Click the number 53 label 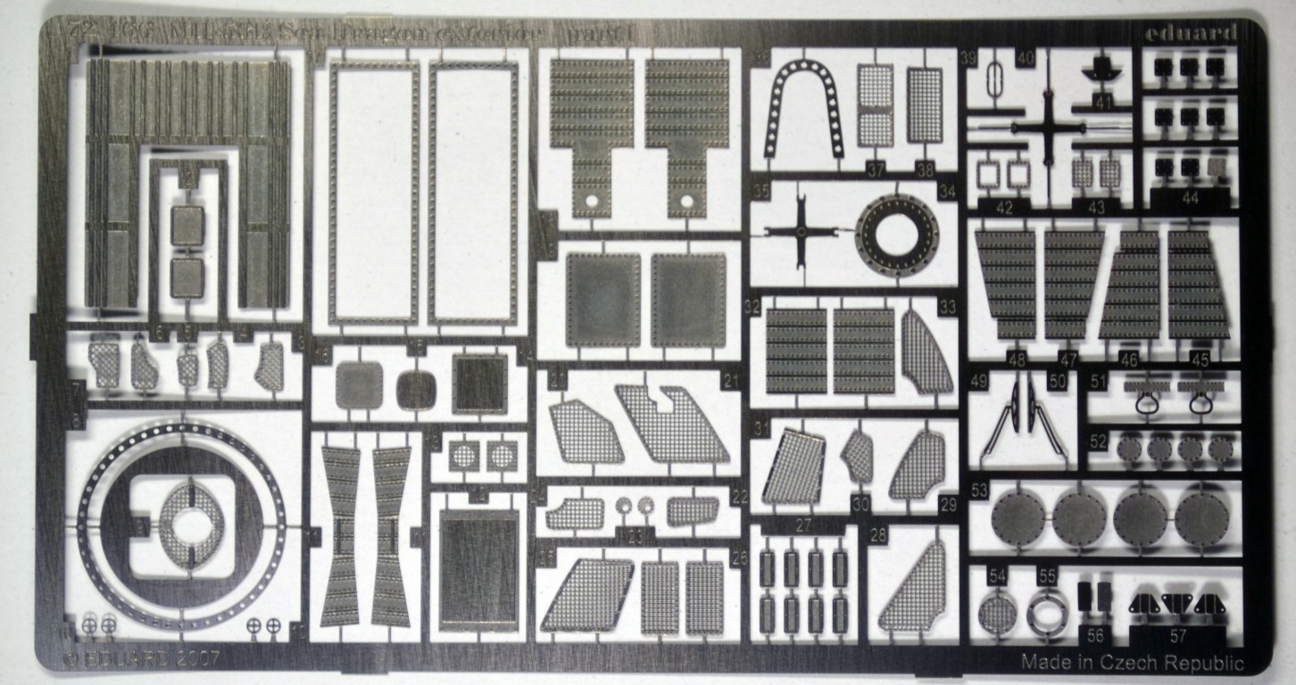tap(979, 490)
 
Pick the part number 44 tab tap(1190, 198)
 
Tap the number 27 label tap(803, 526)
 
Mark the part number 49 tap(978, 381)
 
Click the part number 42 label tap(1006, 207)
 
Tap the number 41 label tap(1104, 103)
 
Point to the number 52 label tap(1098, 442)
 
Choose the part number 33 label tap(947, 306)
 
